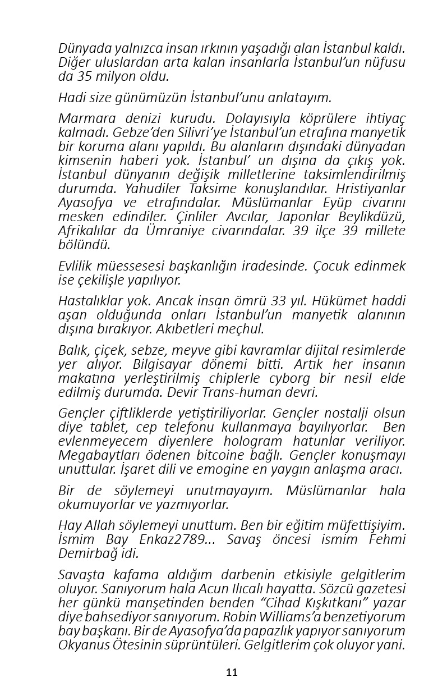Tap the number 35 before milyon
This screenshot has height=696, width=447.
80,77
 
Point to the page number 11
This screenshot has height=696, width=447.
232,672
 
